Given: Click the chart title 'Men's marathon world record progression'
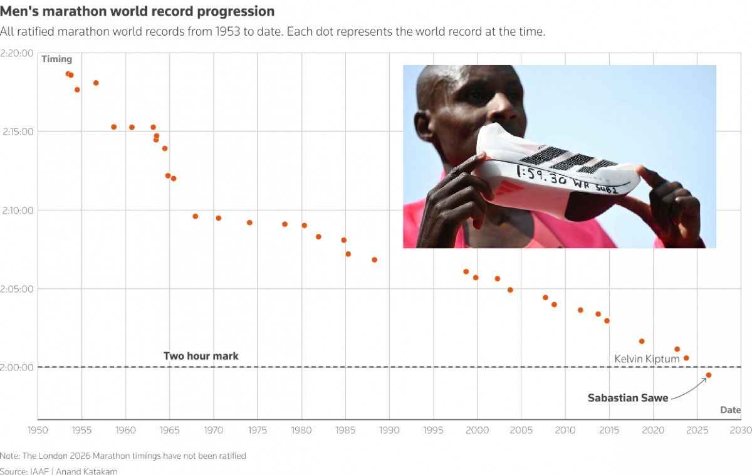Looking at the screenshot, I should point(137,11).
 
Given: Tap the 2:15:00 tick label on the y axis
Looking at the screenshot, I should point(17,132).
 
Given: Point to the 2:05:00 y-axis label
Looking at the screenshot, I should point(17,289).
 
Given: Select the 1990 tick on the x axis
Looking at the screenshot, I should point(389,431).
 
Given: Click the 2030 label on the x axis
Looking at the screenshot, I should point(741,431).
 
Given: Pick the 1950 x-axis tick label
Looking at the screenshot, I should point(38,431).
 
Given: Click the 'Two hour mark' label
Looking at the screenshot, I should point(201,356).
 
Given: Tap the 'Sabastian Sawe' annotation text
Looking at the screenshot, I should point(628,398).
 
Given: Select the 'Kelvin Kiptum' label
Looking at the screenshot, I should point(647,359).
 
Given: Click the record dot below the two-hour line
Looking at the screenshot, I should point(709,375).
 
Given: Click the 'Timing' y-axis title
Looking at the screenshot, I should point(57,60).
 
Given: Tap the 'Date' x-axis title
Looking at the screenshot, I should point(730,410).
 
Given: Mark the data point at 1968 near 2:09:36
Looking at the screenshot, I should point(195,216).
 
